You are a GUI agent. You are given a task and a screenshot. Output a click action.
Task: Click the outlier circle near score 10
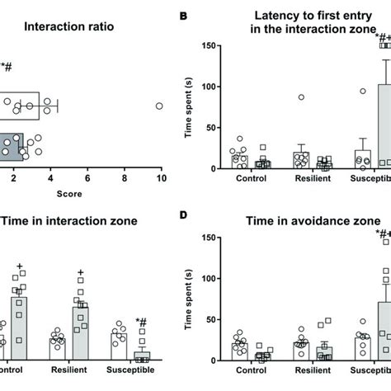click(160, 106)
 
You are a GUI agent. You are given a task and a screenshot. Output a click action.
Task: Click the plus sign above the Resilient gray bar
click(80, 272)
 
